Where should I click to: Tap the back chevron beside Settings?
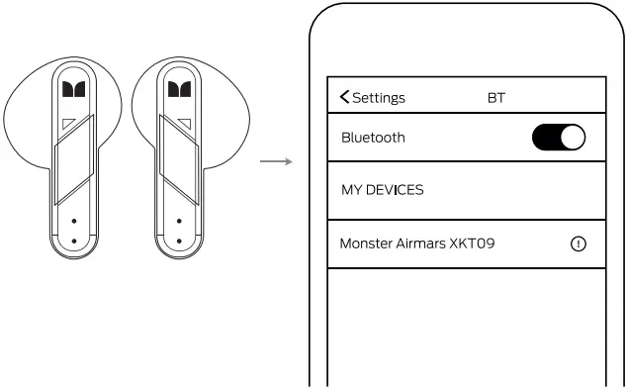pos(344,97)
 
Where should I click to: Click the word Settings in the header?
pos(379,98)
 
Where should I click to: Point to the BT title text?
pos(496,98)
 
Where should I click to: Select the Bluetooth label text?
pos(373,138)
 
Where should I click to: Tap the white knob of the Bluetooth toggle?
pos(573,139)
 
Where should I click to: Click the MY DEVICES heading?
pos(382,190)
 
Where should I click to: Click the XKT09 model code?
pos(474,243)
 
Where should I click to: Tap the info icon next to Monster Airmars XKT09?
pos(579,243)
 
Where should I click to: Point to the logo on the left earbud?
pos(73,91)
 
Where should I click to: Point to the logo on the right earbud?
pos(178,91)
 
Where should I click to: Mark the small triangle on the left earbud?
pos(67,125)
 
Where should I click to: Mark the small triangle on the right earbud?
pos(184,125)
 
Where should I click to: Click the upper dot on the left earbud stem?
pos(73,221)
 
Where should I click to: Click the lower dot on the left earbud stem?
pos(73,241)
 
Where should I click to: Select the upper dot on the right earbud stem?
pos(178,221)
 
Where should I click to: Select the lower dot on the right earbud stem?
pos(178,241)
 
